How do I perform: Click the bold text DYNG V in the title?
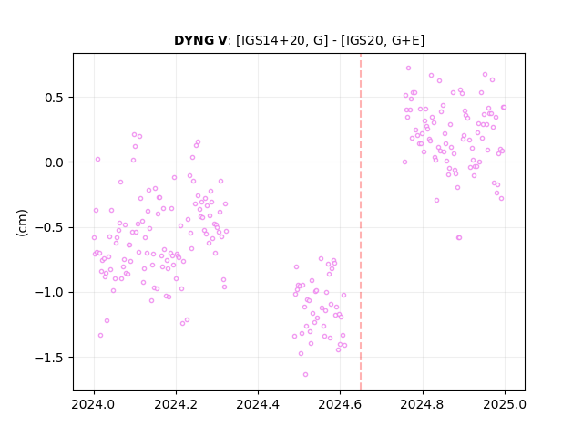(200, 40)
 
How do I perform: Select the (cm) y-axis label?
(22, 223)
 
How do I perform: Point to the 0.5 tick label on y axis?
(55, 98)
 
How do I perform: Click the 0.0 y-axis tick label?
(55, 162)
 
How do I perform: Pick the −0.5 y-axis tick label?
(49, 227)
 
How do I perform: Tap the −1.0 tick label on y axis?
(49, 292)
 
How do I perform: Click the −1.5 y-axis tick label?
(49, 358)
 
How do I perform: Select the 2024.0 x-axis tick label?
(94, 404)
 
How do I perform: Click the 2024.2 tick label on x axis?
(176, 404)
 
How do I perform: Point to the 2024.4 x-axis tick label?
(258, 404)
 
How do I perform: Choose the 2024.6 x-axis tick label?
(340, 404)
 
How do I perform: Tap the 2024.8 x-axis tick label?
(423, 404)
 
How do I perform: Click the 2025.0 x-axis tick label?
(505, 404)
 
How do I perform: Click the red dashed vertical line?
(361, 222)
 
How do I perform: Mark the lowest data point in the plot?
(306, 375)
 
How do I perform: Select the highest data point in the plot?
(409, 68)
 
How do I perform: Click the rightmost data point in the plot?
(504, 108)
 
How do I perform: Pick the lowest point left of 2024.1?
(101, 336)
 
